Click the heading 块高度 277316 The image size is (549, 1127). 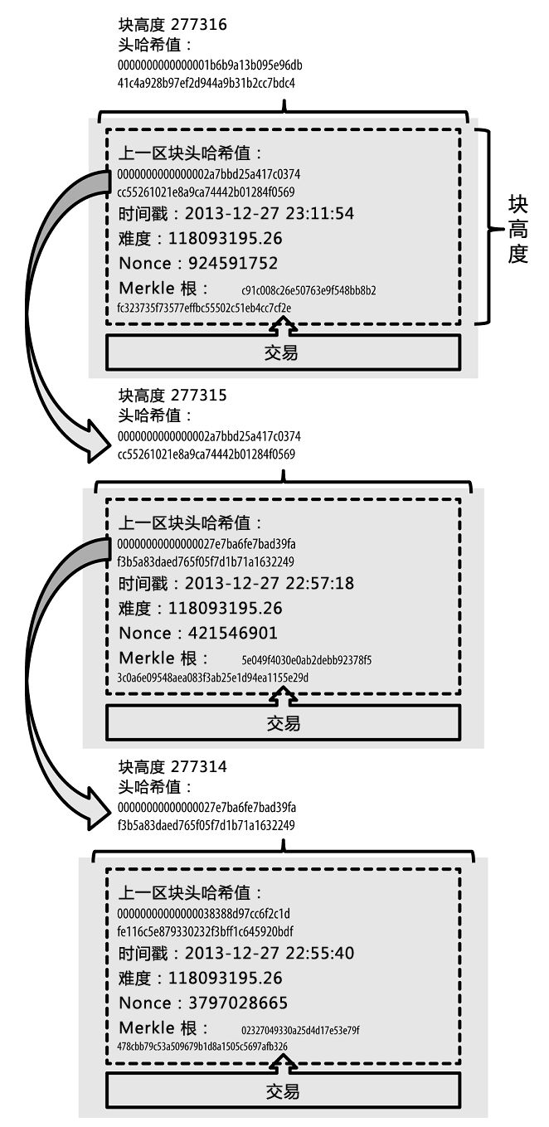[172, 26]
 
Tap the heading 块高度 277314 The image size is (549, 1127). [172, 767]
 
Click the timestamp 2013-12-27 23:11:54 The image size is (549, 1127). [269, 215]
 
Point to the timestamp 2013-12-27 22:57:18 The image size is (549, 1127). [269, 584]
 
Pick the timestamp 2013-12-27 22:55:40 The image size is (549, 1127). [269, 954]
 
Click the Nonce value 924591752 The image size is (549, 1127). [232, 264]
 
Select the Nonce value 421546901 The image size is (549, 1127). [232, 634]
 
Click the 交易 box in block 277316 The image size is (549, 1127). [283, 352]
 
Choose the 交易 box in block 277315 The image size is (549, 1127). [283, 723]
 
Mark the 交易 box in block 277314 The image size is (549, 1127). [283, 1090]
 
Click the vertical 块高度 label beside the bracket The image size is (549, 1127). [518, 229]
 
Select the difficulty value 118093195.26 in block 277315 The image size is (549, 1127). [225, 609]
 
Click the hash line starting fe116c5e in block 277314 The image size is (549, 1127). [205, 932]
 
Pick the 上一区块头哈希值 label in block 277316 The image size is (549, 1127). [191, 154]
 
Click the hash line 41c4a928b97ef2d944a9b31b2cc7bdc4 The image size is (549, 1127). [206, 83]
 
